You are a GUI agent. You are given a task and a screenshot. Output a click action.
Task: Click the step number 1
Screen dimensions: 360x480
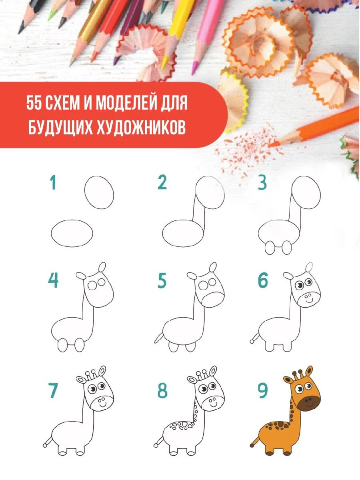pyautogui.click(x=53, y=182)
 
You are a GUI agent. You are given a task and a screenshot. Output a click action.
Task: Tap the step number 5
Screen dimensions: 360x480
pyautogui.click(x=162, y=280)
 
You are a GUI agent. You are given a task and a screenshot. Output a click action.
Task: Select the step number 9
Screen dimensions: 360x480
pyautogui.click(x=263, y=390)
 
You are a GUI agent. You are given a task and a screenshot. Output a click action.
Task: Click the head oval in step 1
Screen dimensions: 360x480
pyautogui.click(x=99, y=192)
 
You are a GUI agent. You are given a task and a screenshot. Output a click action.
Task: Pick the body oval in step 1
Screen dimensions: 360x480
pyautogui.click(x=72, y=233)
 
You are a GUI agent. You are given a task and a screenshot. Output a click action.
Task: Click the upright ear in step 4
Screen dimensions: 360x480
pyautogui.click(x=102, y=267)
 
